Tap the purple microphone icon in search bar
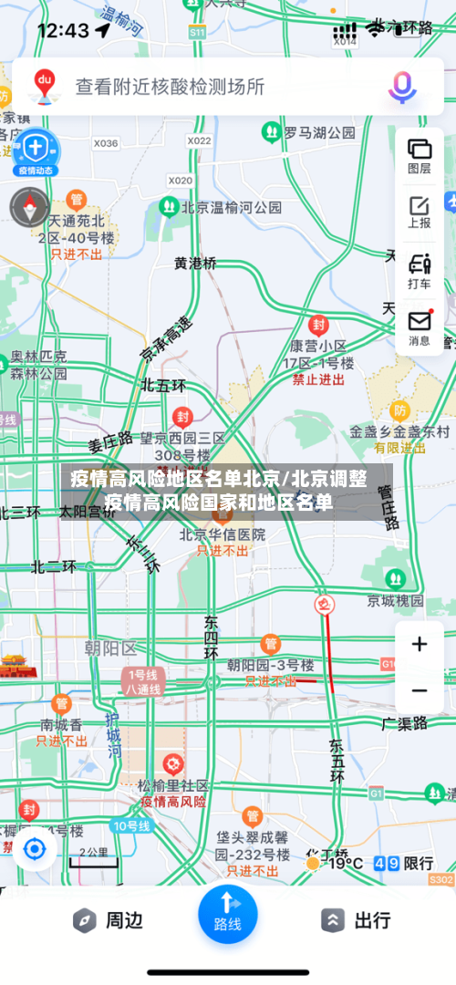(x=401, y=87)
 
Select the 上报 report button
(x=420, y=212)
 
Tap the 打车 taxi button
(x=420, y=270)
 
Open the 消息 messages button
(x=420, y=327)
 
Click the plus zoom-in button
(x=419, y=645)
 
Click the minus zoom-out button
(x=419, y=690)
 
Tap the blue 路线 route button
(x=227, y=912)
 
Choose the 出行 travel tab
(x=358, y=920)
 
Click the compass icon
(x=29, y=206)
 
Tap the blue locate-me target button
(x=35, y=849)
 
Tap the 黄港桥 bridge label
(x=196, y=263)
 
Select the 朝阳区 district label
(x=109, y=648)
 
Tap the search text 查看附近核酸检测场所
(x=170, y=87)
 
